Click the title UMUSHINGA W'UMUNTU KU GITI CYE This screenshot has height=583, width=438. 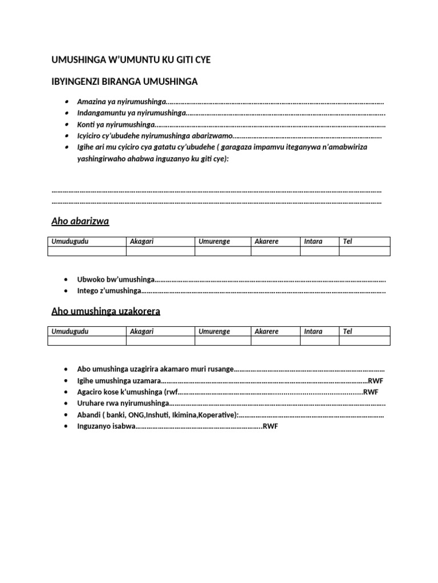point(135,60)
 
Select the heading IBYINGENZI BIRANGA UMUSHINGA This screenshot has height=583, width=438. point(124,81)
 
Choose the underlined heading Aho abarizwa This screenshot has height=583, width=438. point(80,221)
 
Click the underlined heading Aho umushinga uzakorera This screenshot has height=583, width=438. point(106,311)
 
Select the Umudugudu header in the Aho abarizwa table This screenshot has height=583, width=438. point(70,241)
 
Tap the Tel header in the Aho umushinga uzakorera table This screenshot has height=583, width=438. point(347,331)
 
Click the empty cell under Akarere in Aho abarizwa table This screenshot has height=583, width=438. point(275,251)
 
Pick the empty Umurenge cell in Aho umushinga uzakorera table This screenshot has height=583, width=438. point(222,341)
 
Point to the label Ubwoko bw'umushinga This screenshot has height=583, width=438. point(116,280)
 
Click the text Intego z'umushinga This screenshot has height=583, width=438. point(109,291)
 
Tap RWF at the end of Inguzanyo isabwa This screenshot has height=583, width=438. point(270,426)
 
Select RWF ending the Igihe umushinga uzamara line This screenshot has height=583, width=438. point(376,381)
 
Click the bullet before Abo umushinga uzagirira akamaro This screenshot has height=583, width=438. point(67,369)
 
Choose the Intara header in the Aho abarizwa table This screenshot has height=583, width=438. point(313,241)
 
